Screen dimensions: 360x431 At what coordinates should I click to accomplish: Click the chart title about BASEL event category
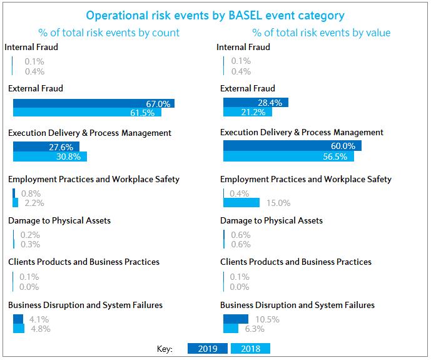click(215, 15)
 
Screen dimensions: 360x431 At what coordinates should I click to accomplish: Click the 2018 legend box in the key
click(251, 349)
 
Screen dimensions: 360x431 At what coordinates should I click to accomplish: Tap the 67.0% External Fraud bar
click(93, 103)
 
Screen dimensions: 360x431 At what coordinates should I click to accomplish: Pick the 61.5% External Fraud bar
click(87, 113)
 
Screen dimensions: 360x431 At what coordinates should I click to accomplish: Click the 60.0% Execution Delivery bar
click(292, 146)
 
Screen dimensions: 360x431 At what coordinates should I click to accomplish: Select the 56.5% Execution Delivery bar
click(288, 156)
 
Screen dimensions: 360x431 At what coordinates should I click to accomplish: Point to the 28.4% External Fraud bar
click(255, 102)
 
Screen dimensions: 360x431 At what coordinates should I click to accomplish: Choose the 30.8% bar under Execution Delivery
click(50, 157)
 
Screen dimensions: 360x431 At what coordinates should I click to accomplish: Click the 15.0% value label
click(278, 203)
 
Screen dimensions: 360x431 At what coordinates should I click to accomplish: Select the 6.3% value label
click(255, 329)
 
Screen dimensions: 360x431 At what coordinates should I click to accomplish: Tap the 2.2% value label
click(34, 203)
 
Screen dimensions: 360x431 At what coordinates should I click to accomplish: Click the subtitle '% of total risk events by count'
click(109, 33)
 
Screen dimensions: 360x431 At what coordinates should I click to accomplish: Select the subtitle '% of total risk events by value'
click(322, 33)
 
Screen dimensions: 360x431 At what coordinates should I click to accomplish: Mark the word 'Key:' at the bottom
click(165, 349)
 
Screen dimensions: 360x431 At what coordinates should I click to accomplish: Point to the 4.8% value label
click(40, 329)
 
